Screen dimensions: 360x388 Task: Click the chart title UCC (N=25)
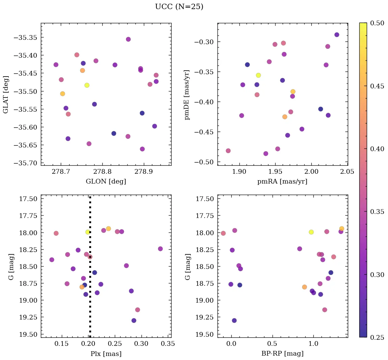[179, 7]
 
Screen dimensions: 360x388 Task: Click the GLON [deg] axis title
[106, 182]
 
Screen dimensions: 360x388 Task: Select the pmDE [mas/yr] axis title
[187, 95]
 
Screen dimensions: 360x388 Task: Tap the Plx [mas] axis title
[106, 354]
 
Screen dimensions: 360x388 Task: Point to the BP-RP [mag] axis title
[282, 354]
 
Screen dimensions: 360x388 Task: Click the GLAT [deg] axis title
[5, 94]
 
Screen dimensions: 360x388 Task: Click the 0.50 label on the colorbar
[377, 23]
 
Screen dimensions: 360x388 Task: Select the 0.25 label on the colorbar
[377, 337]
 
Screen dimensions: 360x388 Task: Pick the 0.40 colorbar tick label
[377, 149]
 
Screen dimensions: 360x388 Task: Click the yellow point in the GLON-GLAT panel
[87, 85]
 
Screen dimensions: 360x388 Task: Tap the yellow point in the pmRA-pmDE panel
[258, 75]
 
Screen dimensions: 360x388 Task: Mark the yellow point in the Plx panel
[88, 232]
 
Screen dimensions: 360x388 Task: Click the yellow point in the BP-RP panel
[311, 232]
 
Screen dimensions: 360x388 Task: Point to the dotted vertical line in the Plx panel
[90, 270]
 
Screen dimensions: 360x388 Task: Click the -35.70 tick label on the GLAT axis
[25, 163]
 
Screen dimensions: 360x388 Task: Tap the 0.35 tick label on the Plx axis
[168, 344]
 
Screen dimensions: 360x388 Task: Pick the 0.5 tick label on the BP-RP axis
[273, 344]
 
